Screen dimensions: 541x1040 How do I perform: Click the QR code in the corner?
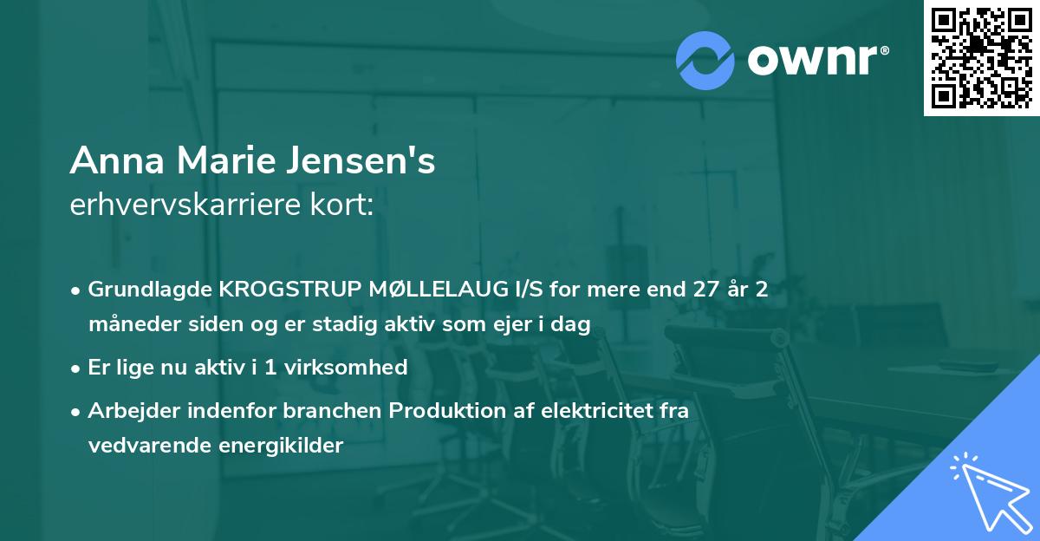(x=980, y=57)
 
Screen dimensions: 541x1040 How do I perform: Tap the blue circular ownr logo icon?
(x=706, y=59)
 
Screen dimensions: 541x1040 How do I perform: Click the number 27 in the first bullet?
(x=697, y=290)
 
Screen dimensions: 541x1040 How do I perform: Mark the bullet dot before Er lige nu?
(x=77, y=368)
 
